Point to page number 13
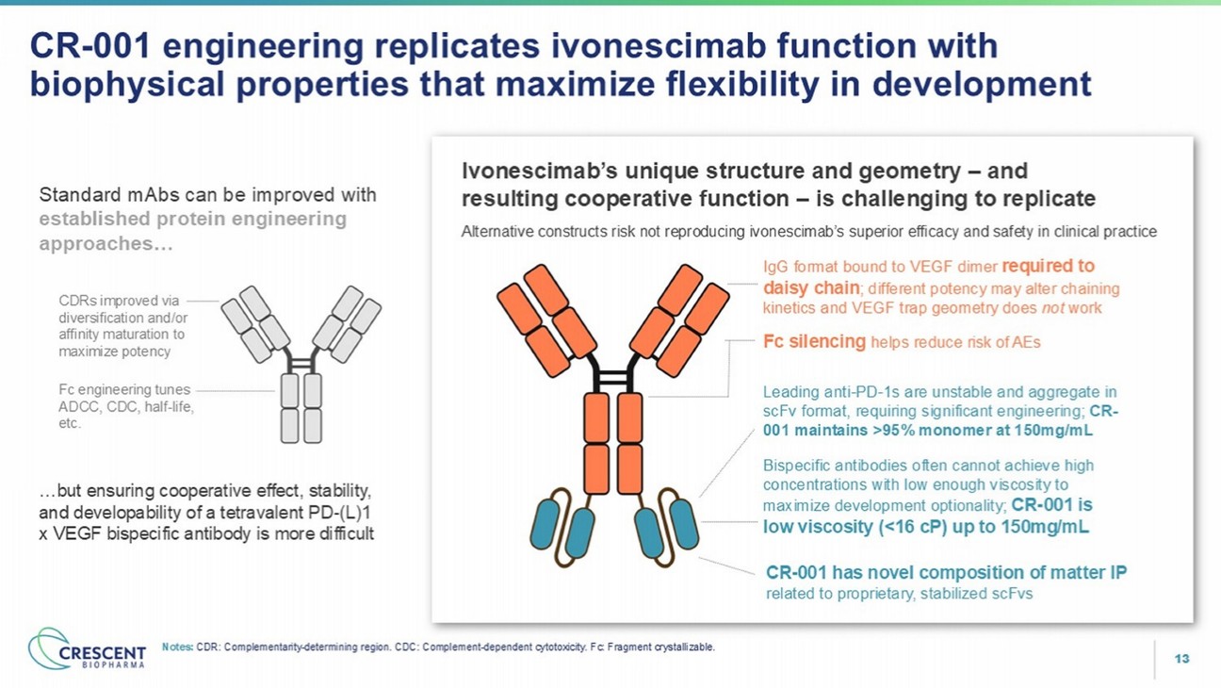pos(1181,659)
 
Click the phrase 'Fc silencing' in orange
pos(814,341)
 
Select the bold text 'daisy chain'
pos(811,287)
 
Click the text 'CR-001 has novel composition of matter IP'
pos(946,572)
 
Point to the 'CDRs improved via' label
pos(119,301)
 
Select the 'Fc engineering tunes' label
pos(124,389)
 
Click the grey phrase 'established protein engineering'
pos(192,219)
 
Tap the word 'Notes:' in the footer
pos(178,647)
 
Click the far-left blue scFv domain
pos(545,524)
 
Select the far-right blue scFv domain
pos(684,524)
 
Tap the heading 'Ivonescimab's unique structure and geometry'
pos(710,172)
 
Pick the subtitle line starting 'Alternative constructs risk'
pos(809,232)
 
